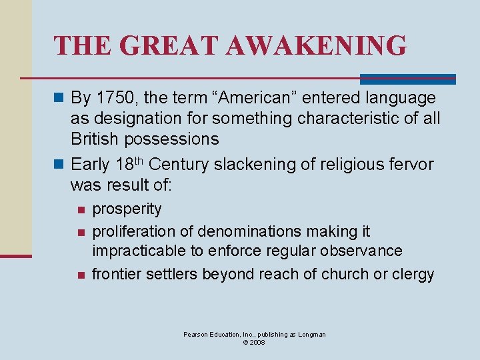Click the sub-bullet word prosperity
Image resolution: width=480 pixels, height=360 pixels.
tap(127, 209)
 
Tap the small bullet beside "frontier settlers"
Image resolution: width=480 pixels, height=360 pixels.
tap(80, 275)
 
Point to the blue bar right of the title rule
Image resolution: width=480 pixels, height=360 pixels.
tap(408, 79)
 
